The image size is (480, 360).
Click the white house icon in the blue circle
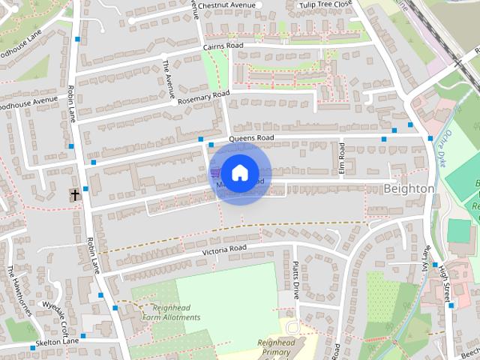(239, 172)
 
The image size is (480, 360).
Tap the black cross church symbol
(75, 195)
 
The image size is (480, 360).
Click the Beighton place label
(408, 189)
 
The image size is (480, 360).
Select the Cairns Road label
(223, 46)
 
